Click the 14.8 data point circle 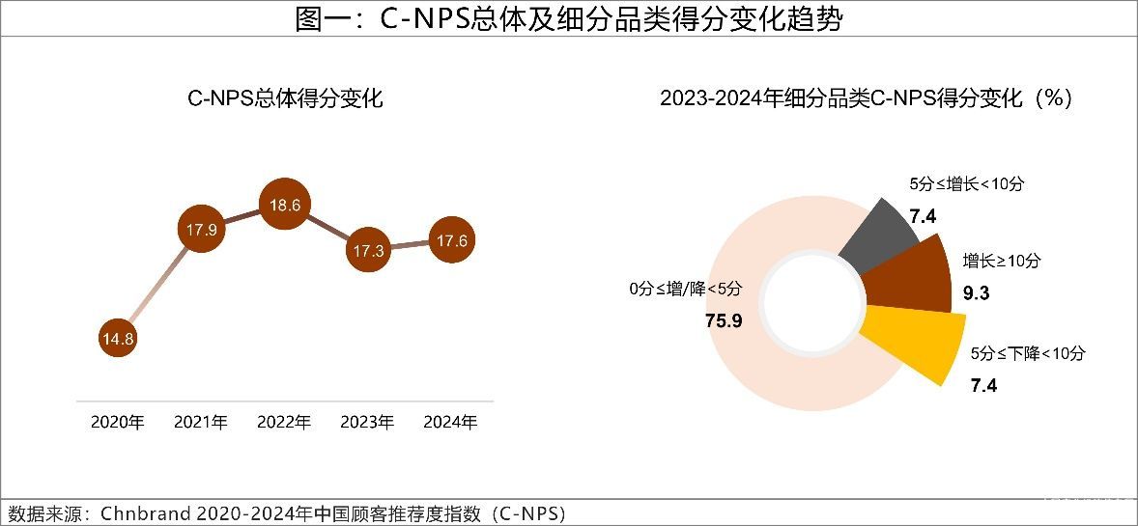pyautogui.click(x=118, y=339)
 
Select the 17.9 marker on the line pyautogui.click(x=201, y=230)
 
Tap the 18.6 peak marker pyautogui.click(x=284, y=205)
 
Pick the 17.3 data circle pyautogui.click(x=368, y=250)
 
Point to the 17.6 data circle pyautogui.click(x=451, y=241)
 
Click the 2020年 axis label pyautogui.click(x=118, y=423)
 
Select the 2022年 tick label pyautogui.click(x=284, y=423)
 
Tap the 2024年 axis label pyautogui.click(x=451, y=423)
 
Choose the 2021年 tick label pyautogui.click(x=201, y=423)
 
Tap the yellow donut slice pyautogui.click(x=913, y=343)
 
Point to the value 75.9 pyautogui.click(x=724, y=320)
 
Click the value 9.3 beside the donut pyautogui.click(x=977, y=293)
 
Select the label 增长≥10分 pyautogui.click(x=1002, y=261)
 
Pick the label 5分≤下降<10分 pyautogui.click(x=1028, y=353)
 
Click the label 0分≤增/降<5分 pyautogui.click(x=686, y=288)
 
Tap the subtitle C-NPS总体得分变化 pyautogui.click(x=285, y=98)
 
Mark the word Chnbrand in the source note pyautogui.click(x=141, y=512)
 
